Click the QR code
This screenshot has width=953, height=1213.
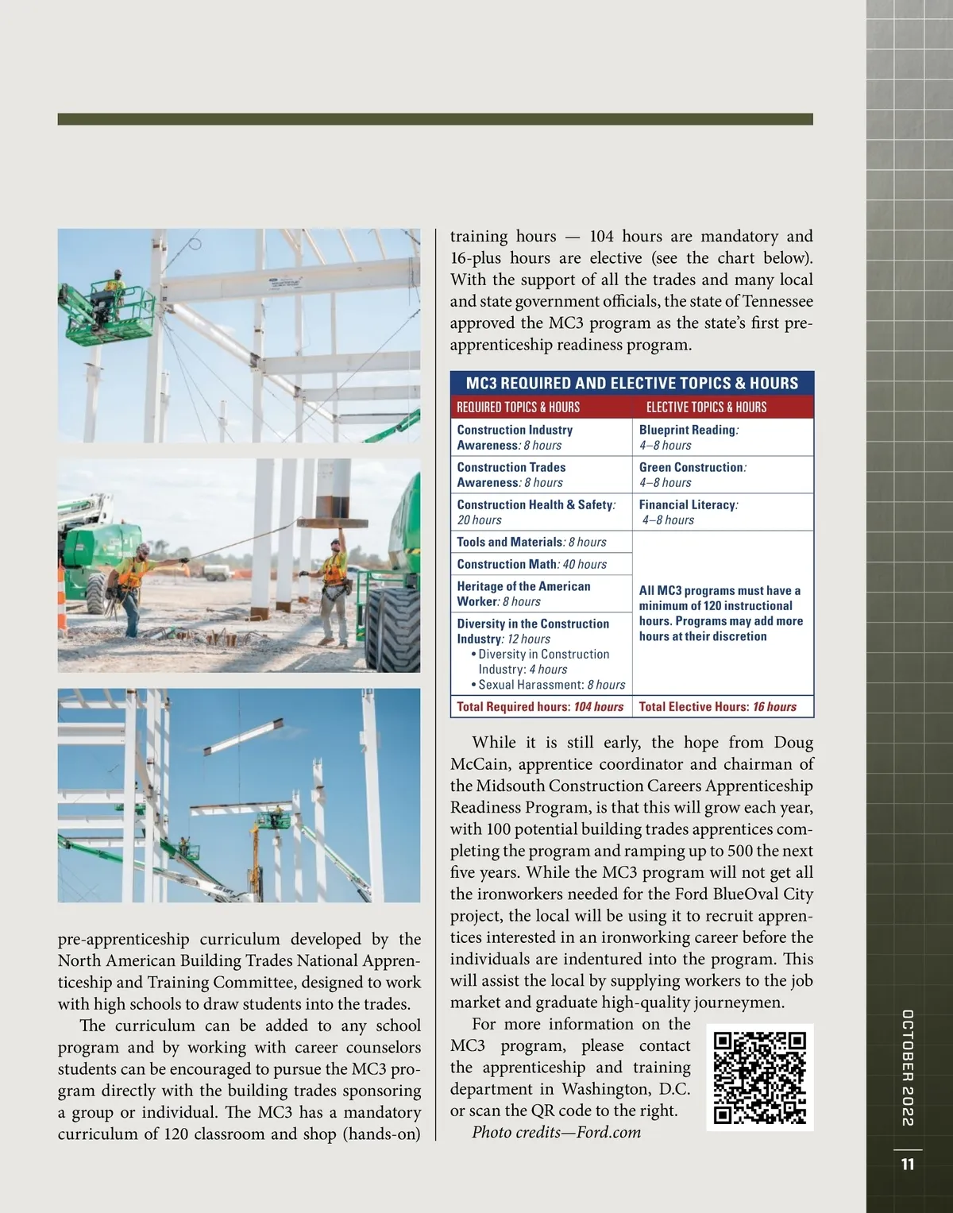point(759,1077)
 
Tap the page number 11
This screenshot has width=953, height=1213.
point(908,1165)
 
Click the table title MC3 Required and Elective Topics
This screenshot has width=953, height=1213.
point(631,383)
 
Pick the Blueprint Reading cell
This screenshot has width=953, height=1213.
point(688,437)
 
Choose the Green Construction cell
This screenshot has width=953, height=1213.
point(692,474)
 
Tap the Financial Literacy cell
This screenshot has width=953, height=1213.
point(688,512)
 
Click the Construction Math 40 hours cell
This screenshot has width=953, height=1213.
point(532,564)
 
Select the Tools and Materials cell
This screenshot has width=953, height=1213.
point(531,542)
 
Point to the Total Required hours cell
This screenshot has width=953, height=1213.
point(540,706)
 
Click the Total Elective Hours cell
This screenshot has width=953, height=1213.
point(717,706)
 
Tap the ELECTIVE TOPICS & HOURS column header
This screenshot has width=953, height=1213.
point(706,407)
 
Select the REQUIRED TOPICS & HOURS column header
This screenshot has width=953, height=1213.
point(518,407)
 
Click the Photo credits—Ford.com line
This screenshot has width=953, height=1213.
point(556,1132)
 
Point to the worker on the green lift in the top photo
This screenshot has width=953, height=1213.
point(116,285)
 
